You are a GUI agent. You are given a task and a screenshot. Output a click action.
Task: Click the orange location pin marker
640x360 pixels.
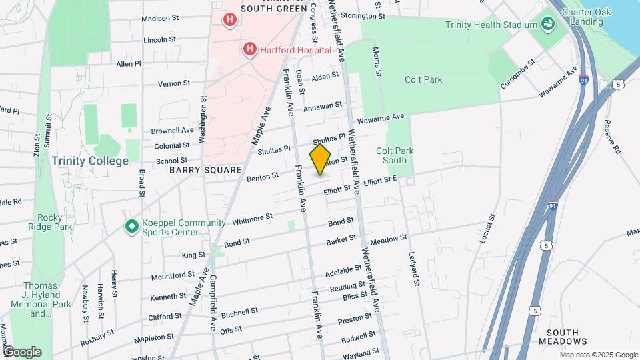pos(320,160)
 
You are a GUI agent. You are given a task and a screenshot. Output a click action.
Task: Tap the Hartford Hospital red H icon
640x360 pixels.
pos(249,49)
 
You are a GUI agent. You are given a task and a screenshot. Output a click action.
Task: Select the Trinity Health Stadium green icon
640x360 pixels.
pos(547,25)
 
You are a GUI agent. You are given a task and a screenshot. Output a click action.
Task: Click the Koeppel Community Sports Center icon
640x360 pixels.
pos(132,227)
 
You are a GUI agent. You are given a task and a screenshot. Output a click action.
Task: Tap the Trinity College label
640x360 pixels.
pos(90,161)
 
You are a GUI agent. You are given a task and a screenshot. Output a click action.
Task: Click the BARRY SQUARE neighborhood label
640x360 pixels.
pos(205,170)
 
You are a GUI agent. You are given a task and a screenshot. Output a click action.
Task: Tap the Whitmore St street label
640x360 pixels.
pos(253,217)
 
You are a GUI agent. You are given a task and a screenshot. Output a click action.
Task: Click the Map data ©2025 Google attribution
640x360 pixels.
pos(599,355)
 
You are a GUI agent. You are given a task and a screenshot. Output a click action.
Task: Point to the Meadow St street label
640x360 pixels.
pos(388,239)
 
